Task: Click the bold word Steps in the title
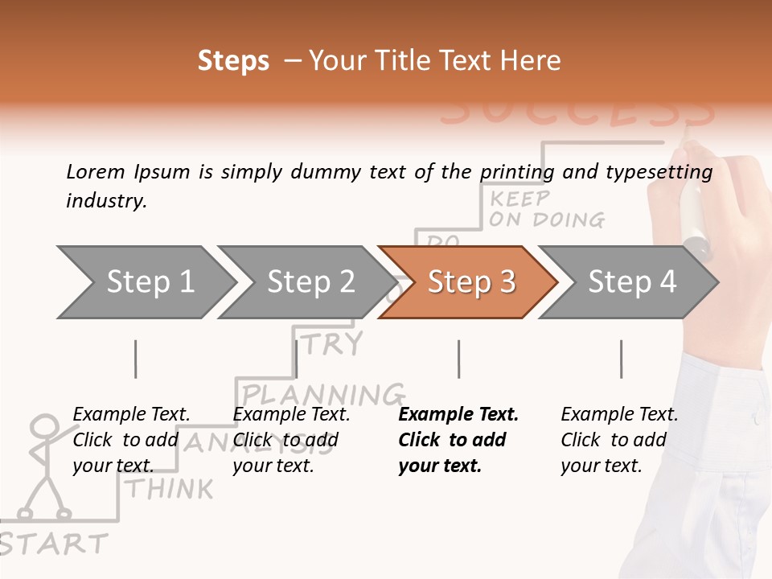click(x=233, y=60)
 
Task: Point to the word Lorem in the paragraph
click(x=96, y=171)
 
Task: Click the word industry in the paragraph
click(x=106, y=201)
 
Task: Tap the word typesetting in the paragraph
click(x=656, y=171)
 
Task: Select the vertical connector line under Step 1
click(x=136, y=359)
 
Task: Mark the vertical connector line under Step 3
click(x=458, y=359)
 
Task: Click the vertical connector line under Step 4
click(x=621, y=359)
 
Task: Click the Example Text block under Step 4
click(x=618, y=440)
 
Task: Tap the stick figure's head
click(x=45, y=427)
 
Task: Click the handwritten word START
click(x=55, y=544)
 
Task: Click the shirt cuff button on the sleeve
click(x=757, y=421)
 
